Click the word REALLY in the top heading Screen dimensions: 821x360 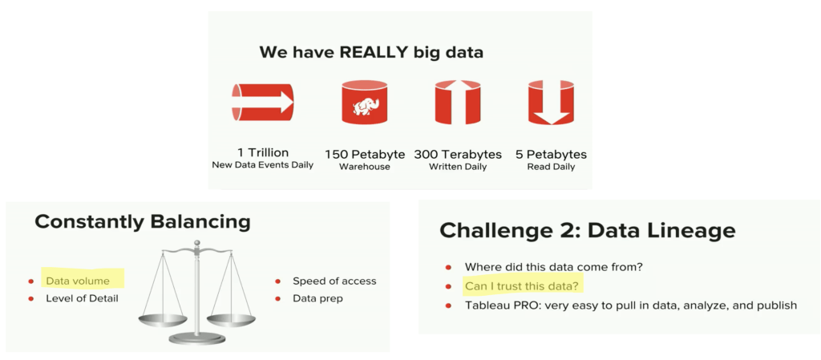click(x=372, y=53)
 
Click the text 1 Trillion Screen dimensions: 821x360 click(x=263, y=154)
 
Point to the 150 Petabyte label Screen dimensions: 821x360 click(x=365, y=155)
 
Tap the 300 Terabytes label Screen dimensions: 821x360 click(x=458, y=155)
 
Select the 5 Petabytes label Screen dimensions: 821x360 click(x=551, y=155)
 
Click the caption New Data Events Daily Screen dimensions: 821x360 click(x=263, y=166)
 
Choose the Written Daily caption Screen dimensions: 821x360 click(x=458, y=167)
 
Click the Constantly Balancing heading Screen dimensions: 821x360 click(x=143, y=222)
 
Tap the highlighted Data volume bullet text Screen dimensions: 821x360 click(x=78, y=281)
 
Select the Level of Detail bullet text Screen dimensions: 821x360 click(x=82, y=299)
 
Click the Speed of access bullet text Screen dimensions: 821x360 click(x=334, y=281)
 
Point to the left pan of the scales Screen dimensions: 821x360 click(x=162, y=319)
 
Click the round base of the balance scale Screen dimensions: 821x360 click(x=197, y=339)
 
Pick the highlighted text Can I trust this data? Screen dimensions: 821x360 click(x=524, y=286)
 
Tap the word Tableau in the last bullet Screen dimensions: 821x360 click(x=485, y=305)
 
